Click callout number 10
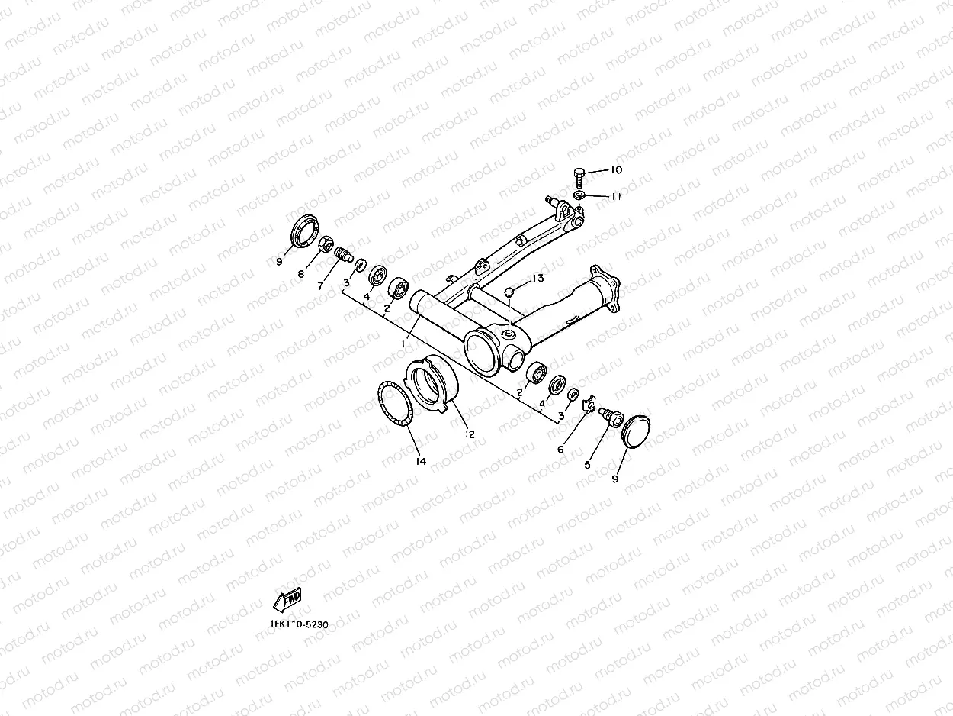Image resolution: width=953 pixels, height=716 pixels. click(x=616, y=169)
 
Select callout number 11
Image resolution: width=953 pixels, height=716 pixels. click(x=616, y=196)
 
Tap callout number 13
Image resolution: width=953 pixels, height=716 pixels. click(x=538, y=279)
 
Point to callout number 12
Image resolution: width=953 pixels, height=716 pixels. click(x=470, y=434)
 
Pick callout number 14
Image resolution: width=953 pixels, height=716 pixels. click(x=421, y=461)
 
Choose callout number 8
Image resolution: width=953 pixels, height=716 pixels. click(x=301, y=273)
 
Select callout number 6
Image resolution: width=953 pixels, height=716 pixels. click(x=560, y=450)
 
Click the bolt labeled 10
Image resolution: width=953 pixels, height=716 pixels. click(x=578, y=177)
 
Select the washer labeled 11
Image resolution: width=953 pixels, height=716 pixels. click(x=580, y=197)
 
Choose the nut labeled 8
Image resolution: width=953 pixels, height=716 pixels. click(x=324, y=244)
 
